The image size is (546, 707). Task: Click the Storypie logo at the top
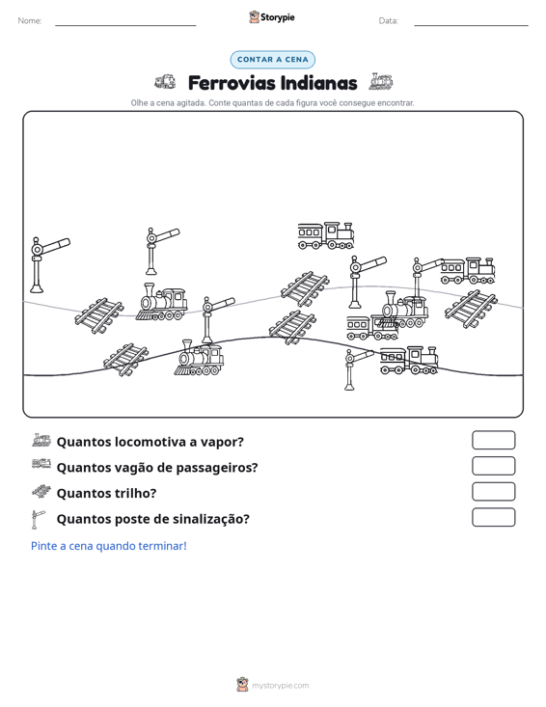[272, 17]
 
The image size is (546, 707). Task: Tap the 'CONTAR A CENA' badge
[272, 60]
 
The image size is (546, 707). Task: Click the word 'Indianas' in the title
[318, 83]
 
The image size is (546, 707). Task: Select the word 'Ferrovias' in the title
[232, 83]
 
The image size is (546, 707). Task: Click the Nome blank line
[125, 25]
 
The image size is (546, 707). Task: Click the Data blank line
[471, 25]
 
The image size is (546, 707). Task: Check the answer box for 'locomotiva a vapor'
[493, 440]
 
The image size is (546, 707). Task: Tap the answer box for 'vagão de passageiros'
[493, 466]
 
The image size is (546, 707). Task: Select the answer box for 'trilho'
[493, 492]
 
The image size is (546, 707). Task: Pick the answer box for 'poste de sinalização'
[493, 517]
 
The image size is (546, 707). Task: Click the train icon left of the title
[165, 82]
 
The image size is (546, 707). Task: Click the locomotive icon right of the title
[381, 81]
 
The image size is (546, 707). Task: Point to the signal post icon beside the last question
[38, 519]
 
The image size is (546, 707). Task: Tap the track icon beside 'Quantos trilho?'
[41, 492]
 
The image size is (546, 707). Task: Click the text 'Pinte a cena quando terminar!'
[109, 546]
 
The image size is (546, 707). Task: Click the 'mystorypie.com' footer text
[280, 686]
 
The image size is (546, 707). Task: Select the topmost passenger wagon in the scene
[325, 235]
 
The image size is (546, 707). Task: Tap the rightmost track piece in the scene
[471, 309]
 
